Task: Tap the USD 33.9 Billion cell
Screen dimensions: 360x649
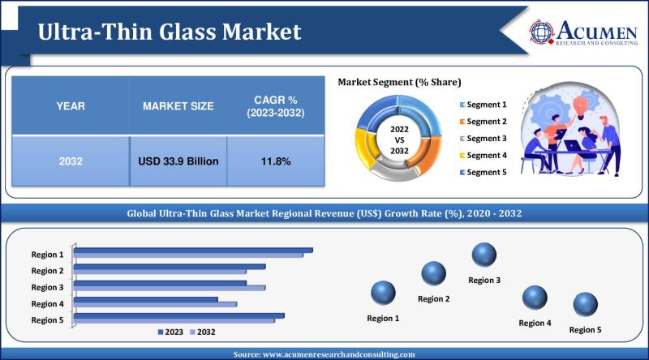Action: (178, 161)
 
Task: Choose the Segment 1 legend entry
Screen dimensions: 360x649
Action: (484, 105)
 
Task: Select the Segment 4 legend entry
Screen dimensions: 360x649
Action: (484, 155)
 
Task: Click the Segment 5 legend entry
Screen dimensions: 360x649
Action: (484, 172)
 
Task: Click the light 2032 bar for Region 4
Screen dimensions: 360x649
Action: (156, 305)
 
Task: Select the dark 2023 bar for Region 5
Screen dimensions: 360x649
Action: (179, 315)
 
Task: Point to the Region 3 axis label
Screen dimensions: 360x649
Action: (47, 287)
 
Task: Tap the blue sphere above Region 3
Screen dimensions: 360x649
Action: (484, 255)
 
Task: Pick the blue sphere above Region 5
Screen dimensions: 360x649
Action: (585, 305)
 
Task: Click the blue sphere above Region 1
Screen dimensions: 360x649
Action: (383, 293)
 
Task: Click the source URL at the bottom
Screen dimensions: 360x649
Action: (324, 354)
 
